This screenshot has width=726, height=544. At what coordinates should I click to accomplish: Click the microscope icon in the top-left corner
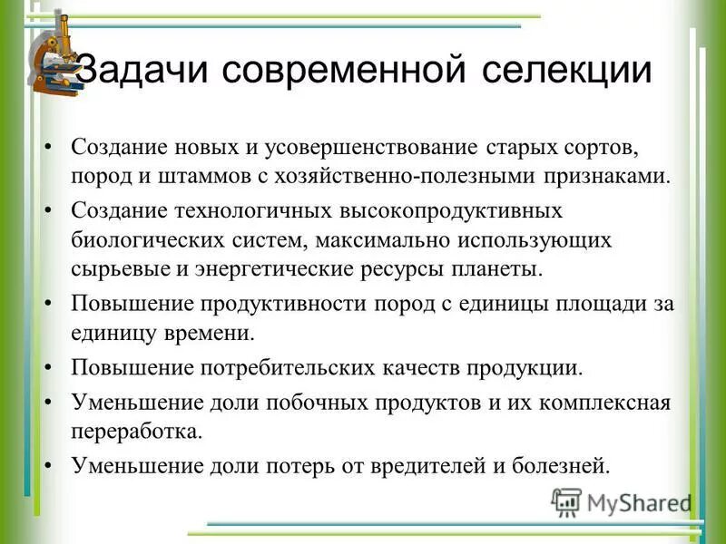point(56,57)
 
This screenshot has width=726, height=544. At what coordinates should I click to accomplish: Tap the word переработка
point(135,432)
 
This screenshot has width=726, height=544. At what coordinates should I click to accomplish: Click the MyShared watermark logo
point(622,501)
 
